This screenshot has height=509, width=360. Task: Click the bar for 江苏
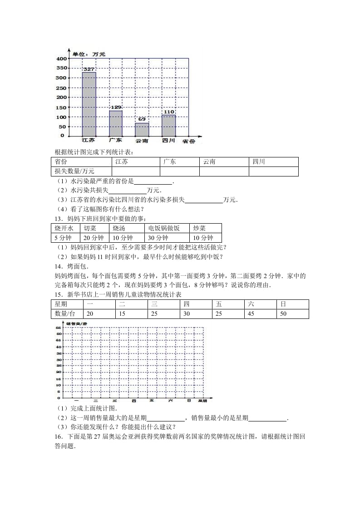tap(89, 104)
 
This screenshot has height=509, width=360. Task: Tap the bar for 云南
tap(142, 129)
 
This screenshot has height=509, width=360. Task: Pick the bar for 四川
tap(168, 125)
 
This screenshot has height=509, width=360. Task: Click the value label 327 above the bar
tap(89, 69)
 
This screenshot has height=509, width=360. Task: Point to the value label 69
tap(142, 119)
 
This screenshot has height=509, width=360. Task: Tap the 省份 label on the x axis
tap(188, 142)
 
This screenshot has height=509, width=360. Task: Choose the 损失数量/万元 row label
tap(69, 171)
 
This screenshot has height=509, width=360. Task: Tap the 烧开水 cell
tap(64, 228)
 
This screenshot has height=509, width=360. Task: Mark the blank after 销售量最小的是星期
tap(267, 418)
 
